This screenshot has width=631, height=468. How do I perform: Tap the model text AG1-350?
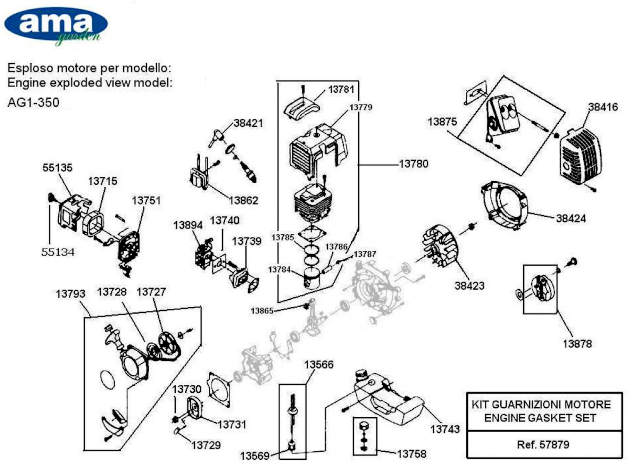point(34,102)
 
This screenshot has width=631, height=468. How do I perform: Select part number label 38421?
point(248,123)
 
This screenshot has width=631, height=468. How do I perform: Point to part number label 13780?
point(414,164)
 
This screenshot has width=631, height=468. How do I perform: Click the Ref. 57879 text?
point(543,444)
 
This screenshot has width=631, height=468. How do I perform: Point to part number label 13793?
point(70,294)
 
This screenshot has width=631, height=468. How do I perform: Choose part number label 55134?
point(58,252)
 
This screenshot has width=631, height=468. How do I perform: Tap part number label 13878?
point(577,344)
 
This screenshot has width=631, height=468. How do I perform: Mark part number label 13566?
point(319,365)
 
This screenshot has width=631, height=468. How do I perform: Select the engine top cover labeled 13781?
point(302,107)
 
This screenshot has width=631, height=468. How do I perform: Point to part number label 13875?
point(442,122)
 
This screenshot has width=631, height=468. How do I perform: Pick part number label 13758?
point(412,454)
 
